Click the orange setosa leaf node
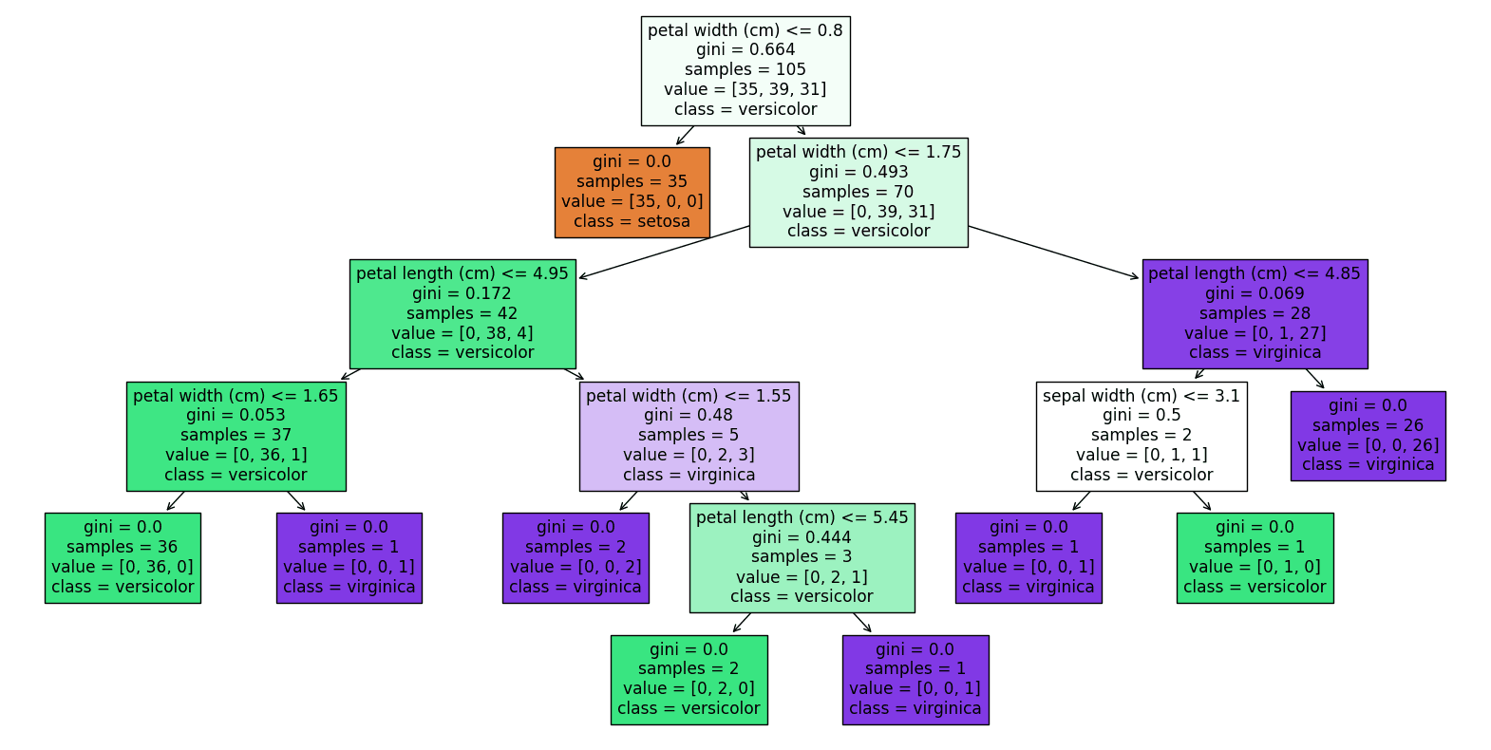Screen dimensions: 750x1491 (x=632, y=192)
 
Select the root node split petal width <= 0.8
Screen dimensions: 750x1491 (x=745, y=70)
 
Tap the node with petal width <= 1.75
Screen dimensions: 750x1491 (x=859, y=192)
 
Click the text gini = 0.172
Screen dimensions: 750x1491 (x=462, y=293)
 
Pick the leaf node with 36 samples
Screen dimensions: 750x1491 (x=123, y=557)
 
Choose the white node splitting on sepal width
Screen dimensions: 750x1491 (x=1141, y=436)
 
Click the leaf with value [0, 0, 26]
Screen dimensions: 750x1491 (x=1368, y=436)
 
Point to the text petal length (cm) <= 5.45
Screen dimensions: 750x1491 (x=802, y=517)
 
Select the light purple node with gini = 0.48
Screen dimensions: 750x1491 (x=689, y=436)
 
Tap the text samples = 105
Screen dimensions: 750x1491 (x=745, y=69)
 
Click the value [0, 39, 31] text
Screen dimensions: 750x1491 (x=859, y=212)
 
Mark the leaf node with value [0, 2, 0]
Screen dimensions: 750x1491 (x=689, y=680)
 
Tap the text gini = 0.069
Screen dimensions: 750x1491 (x=1254, y=293)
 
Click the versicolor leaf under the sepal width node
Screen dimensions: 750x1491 (x=1254, y=557)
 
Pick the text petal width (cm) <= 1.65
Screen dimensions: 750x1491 (x=236, y=396)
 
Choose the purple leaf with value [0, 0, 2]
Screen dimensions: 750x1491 (x=576, y=557)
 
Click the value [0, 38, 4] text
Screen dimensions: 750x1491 (x=462, y=333)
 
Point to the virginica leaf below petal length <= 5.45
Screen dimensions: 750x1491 (x=915, y=680)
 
